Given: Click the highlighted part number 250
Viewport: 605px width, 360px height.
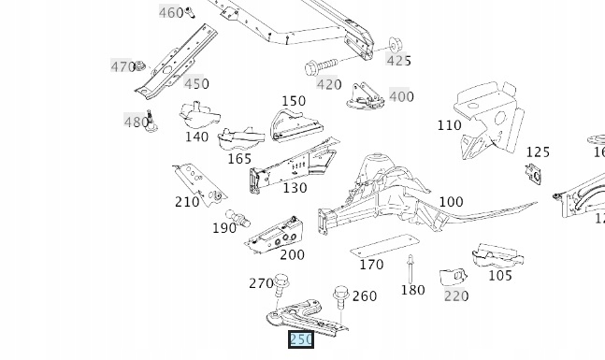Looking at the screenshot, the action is coord(301,339).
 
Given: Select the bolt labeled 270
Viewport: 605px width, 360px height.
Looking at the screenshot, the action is coord(281,285).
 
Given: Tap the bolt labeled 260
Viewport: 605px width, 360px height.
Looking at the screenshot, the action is coord(341,297).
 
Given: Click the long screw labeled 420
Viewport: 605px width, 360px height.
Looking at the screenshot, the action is coord(321,67).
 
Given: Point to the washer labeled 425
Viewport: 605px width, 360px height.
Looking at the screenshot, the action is coord(394,45).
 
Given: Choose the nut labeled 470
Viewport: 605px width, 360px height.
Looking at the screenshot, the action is coord(139,66).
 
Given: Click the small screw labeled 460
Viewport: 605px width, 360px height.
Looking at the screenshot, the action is coord(190,12).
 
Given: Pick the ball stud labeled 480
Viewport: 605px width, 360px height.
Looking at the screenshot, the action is coord(151,122).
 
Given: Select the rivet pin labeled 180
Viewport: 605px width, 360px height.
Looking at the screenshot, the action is coord(411,269).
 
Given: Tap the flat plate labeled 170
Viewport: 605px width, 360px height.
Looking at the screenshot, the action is coord(384,245).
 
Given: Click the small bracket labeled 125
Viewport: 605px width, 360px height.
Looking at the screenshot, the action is coord(533,174).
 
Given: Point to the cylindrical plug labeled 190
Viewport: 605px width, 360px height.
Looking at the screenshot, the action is coord(238,218).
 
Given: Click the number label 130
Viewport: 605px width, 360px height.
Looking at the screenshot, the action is coord(295,188).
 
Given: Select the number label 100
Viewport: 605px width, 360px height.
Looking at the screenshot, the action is coord(451,202).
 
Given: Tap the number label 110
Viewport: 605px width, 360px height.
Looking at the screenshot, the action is coord(450,125).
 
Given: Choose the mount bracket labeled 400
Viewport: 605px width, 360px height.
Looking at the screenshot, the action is coord(365,96).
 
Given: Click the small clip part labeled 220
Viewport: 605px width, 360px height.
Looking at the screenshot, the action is coord(454,276).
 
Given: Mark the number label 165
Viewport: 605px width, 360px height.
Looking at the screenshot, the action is coord(239,159).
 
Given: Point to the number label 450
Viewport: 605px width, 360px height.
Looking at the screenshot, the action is coord(196,84).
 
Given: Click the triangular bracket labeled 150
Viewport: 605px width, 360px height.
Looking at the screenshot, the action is coord(296,126).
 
